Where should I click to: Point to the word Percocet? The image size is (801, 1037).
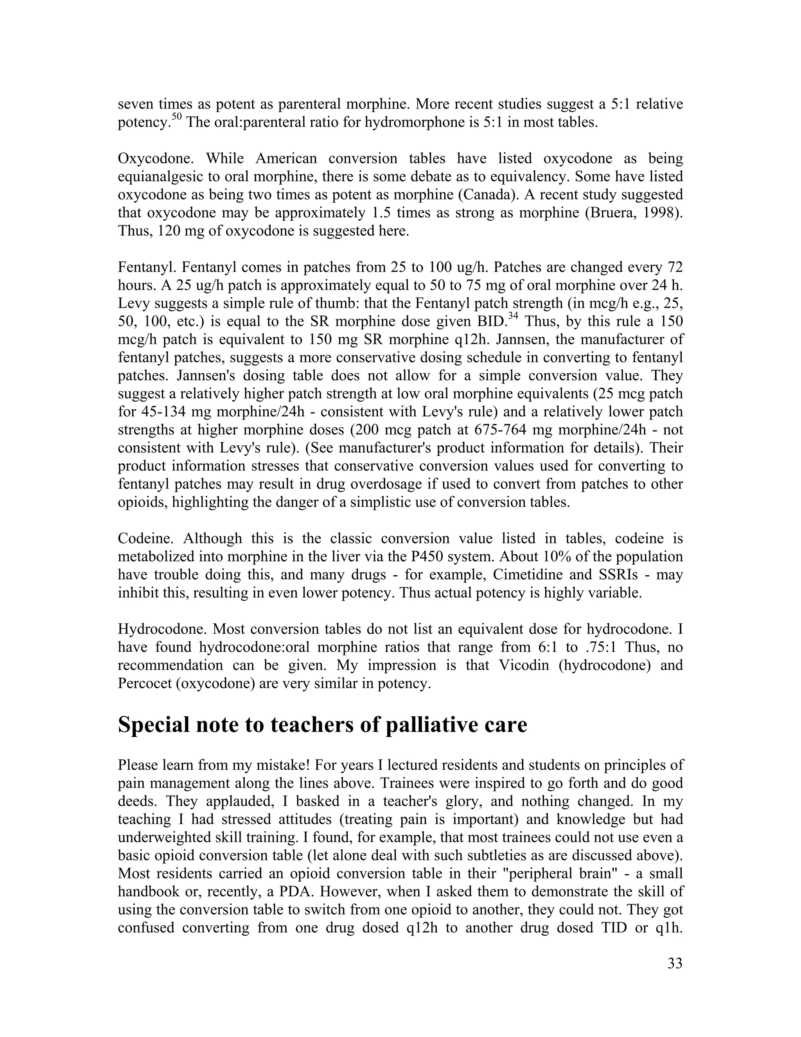point(145,684)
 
